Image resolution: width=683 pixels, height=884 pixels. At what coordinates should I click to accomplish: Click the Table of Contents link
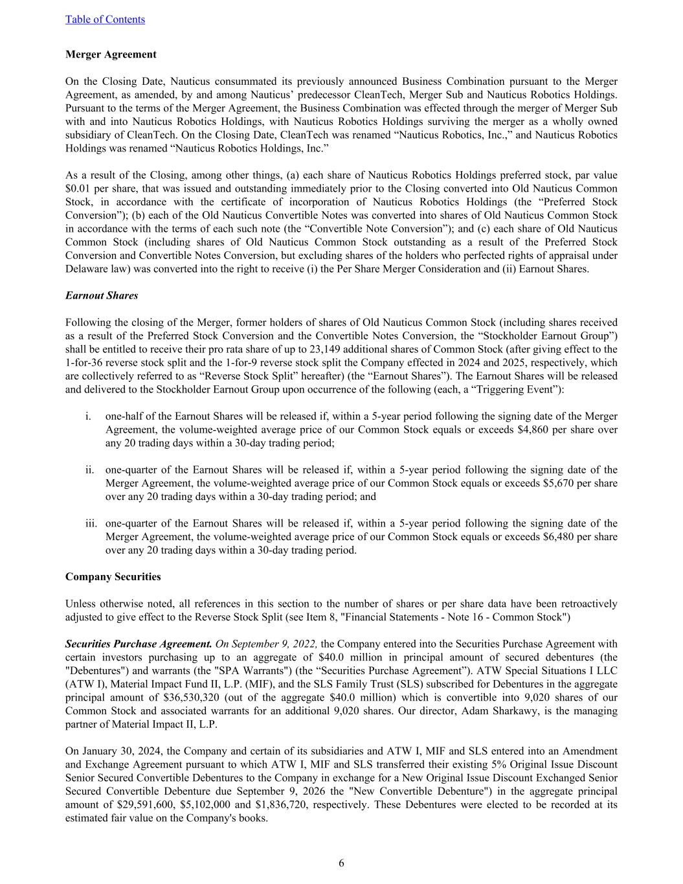point(105,19)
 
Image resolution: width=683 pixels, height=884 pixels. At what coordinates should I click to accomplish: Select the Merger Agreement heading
point(111,54)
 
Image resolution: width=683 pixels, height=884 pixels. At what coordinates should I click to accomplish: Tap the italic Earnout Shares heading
point(102,295)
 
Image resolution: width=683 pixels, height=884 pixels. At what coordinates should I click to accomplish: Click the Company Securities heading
point(113,576)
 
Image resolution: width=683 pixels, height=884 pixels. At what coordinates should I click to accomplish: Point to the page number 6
point(341,863)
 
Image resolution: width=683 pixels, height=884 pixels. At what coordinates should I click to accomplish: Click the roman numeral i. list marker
point(87,416)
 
